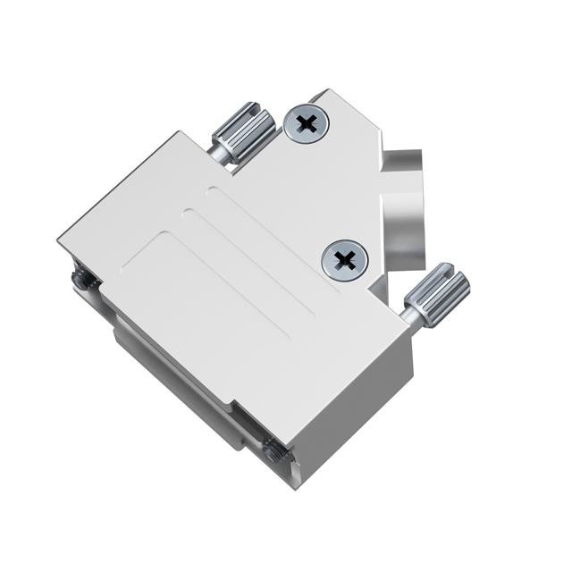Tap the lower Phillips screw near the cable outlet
[344, 260]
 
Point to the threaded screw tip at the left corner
[83, 281]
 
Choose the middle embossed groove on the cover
[246, 260]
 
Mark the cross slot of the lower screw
[344, 260]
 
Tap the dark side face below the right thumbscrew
[393, 375]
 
